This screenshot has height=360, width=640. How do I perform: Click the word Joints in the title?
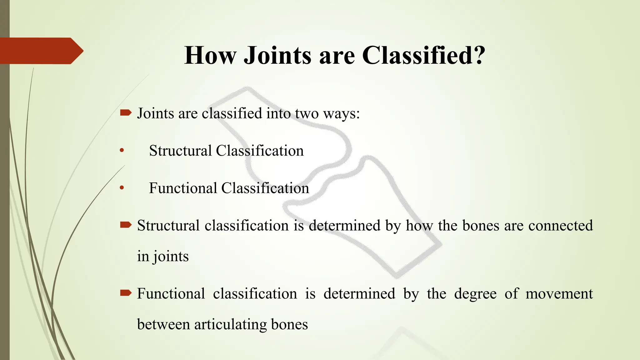tap(277, 56)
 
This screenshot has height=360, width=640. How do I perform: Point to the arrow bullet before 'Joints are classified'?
tap(126, 113)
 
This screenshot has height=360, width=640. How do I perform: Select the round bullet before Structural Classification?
tap(122, 151)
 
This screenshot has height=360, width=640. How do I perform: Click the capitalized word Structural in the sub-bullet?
tap(180, 151)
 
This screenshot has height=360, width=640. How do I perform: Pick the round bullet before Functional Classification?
tap(122, 188)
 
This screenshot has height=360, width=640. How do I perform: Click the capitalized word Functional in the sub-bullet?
tap(183, 188)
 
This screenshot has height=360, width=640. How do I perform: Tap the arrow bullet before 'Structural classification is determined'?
tap(126, 225)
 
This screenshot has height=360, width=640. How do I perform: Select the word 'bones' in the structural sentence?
tap(480, 226)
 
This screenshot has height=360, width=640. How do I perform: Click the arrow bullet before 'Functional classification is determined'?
tap(126, 293)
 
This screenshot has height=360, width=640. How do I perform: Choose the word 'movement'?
tap(559, 294)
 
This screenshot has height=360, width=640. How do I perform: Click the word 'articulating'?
tap(230, 325)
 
